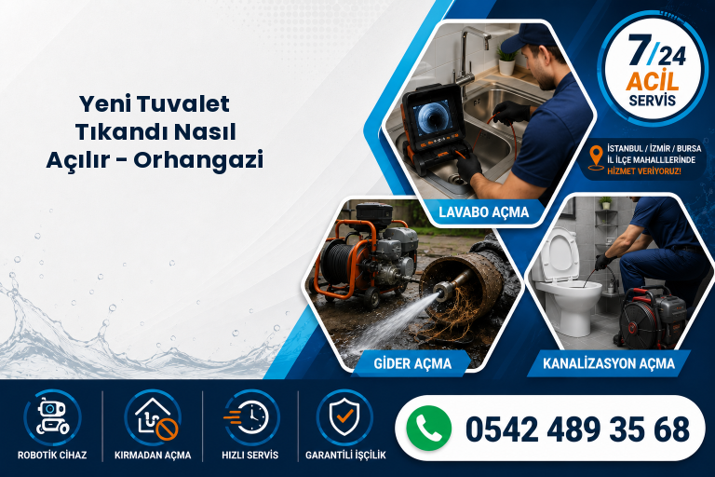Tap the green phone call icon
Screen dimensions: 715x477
(427, 429)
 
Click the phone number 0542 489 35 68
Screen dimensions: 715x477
(578, 429)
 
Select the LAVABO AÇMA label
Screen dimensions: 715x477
(484, 212)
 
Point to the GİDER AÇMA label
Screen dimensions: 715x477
(412, 363)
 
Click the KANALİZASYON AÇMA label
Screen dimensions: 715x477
(609, 363)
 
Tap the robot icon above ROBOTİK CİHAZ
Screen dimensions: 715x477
(52, 417)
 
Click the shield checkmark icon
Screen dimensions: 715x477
(344, 416)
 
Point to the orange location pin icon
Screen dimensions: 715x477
(596, 158)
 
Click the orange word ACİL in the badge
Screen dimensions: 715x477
(653, 81)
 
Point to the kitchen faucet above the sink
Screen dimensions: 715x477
(469, 55)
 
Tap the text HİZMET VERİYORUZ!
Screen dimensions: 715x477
(644, 171)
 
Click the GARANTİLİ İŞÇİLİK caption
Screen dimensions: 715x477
(345, 455)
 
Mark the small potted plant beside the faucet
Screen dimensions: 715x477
(506, 60)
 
